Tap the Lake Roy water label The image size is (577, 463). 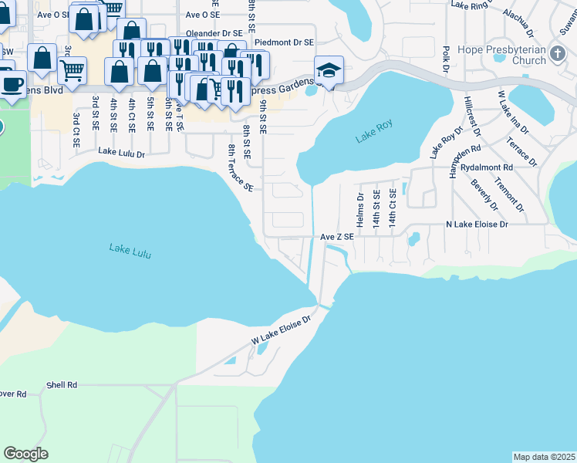[374, 132]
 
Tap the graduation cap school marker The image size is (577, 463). [328, 70]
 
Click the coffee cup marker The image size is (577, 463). [12, 83]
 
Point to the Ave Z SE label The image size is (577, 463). [337, 237]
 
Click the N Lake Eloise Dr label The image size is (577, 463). [477, 224]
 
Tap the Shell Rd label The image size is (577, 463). [62, 384]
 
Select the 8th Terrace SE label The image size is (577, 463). [240, 167]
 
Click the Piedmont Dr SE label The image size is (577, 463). [284, 42]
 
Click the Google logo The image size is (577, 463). [26, 454]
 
